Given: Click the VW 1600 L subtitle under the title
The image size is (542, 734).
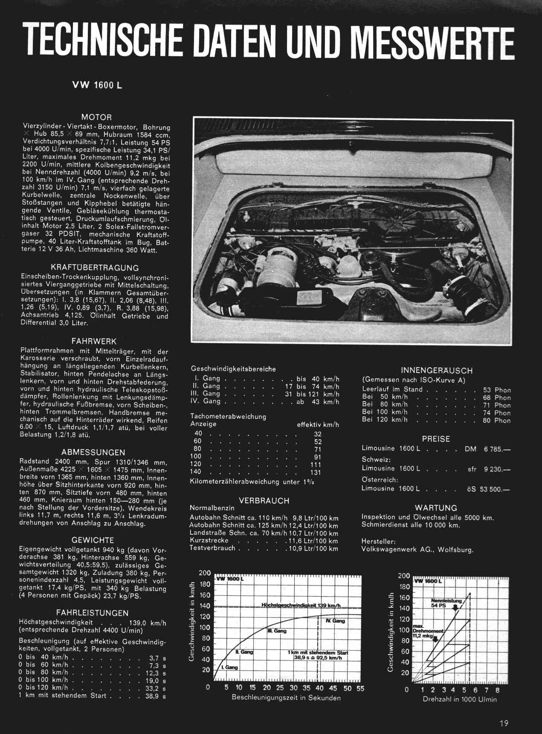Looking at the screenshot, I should (97, 85).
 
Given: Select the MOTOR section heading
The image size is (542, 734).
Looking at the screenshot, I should (96, 117).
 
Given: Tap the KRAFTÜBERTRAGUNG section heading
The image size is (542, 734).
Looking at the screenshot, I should (95, 268).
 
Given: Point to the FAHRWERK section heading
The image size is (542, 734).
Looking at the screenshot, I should (94, 341).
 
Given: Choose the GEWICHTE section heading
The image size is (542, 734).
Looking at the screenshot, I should (93, 540).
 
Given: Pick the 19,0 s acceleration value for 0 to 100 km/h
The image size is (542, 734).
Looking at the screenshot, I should (156, 681).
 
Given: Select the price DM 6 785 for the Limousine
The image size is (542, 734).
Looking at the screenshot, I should (487, 449).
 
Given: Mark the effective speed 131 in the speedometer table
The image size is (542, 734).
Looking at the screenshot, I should (316, 472).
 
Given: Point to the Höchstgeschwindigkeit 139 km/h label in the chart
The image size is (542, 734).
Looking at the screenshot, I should (304, 605).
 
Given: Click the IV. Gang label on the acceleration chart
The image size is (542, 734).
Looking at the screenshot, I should (335, 621).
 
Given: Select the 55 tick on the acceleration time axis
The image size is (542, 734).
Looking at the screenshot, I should (360, 688).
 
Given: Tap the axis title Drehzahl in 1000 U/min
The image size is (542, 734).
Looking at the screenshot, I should (460, 699).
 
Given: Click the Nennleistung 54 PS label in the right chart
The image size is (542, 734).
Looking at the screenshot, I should (446, 603).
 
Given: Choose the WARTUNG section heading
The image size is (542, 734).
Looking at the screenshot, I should (435, 508).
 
